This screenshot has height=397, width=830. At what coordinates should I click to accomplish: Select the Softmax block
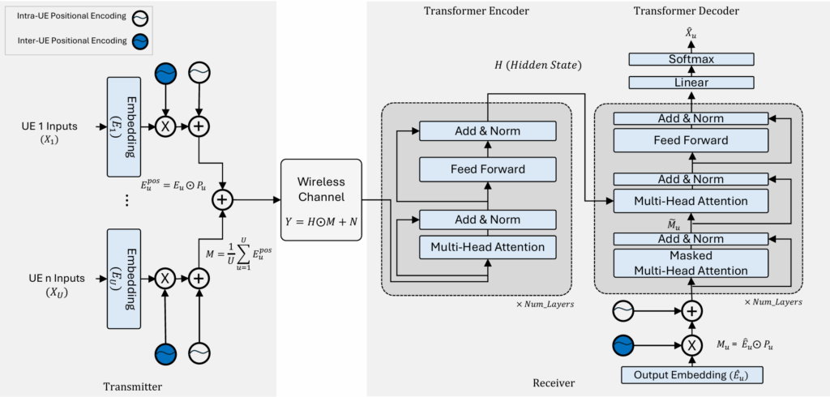coord(691,59)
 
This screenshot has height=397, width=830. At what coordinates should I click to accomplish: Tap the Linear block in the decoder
coord(691,82)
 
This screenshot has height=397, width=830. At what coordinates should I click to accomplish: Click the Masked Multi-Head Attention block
coord(691,263)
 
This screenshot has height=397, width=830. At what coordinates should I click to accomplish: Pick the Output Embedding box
coord(691,375)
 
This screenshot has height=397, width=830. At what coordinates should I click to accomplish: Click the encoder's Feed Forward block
coord(487,169)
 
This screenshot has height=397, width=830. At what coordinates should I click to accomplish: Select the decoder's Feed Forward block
coord(691,140)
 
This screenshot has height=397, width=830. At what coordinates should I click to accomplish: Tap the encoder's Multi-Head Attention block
coord(487,246)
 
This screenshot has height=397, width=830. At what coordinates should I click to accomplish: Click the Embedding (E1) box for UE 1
coord(130,126)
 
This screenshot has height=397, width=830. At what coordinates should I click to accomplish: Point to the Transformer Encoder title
coord(476,11)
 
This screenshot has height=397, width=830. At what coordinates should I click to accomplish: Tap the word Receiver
coord(554,382)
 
